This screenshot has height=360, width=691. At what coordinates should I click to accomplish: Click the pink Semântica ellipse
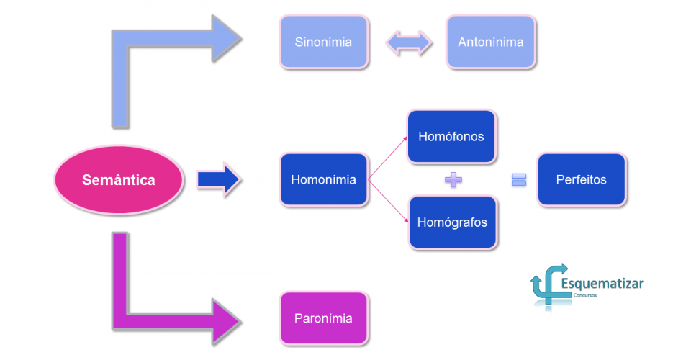coord(119,180)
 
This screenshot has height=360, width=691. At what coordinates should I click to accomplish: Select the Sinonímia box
coord(323,42)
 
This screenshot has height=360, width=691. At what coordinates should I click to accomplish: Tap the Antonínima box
coord(491,42)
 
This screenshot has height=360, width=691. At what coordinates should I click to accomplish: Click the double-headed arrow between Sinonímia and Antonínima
coord(409,42)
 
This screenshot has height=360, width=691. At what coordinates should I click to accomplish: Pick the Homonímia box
coord(323,180)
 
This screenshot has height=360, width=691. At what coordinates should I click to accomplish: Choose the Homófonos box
coord(451,137)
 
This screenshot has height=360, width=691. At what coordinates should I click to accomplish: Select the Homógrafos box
coord(451,222)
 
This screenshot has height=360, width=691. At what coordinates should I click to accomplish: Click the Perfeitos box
coord(581,180)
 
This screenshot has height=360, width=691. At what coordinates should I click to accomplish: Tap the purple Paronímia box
coord(323,318)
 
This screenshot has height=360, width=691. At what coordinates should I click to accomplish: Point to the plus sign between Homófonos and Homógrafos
coord(453,180)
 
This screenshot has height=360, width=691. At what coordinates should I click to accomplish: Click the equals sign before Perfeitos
coord(519,180)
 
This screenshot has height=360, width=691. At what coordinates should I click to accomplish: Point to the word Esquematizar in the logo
coord(602,283)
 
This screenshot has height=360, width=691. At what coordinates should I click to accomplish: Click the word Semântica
coord(119,180)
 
